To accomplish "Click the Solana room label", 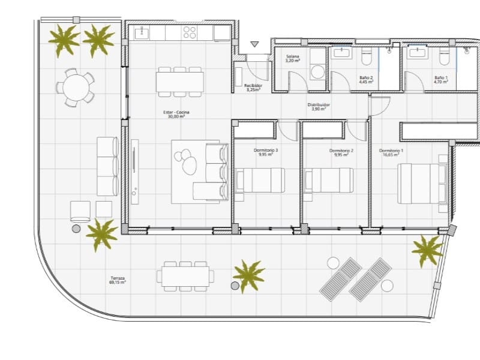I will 293,59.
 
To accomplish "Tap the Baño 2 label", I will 366,80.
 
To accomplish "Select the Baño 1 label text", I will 441,80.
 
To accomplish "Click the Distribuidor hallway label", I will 320,107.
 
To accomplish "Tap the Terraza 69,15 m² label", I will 118,280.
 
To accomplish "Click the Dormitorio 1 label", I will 391,152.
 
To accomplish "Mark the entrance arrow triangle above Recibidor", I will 254,44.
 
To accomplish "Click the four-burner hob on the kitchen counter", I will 190,32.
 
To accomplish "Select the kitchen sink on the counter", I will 142,32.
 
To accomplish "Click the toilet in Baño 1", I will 444,56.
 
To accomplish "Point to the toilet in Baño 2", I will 368,56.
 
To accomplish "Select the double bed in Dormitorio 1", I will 423,182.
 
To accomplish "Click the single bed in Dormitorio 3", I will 260,180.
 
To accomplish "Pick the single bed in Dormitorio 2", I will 329,180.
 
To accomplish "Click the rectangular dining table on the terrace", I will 185,276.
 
